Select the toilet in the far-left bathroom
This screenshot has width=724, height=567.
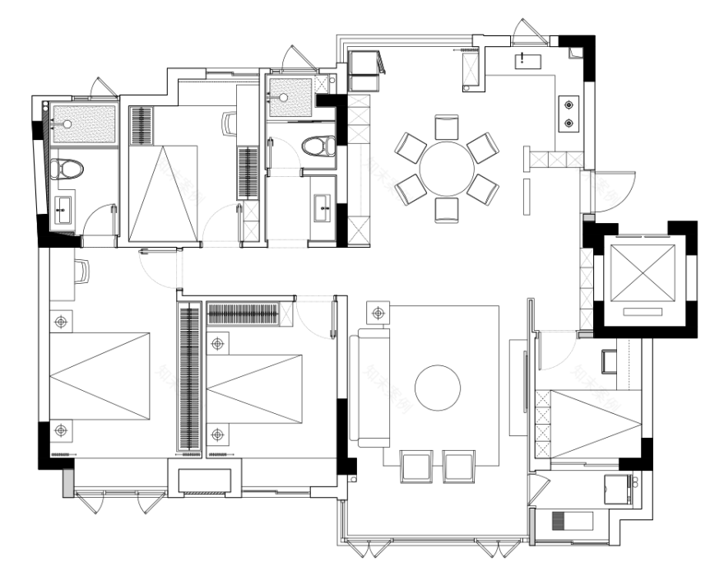[67, 170]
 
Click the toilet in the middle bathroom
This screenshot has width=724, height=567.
[318, 146]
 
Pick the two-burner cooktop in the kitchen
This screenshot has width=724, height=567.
[569, 114]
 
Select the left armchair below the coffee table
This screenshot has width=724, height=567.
[414, 466]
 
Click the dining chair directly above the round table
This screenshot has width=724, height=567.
[447, 127]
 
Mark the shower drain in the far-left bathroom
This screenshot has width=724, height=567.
[67, 124]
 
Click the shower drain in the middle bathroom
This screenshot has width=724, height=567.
[282, 96]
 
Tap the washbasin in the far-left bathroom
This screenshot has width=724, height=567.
[63, 212]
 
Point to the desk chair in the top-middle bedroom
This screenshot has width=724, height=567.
[230, 124]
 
